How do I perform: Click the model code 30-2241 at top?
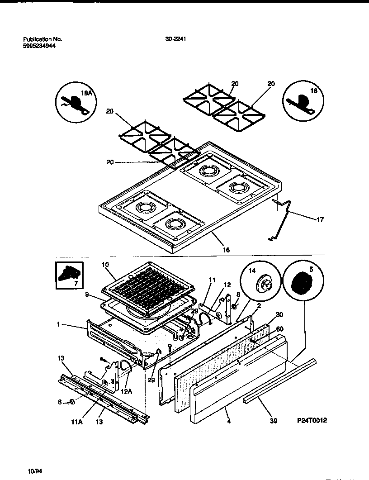[176, 39]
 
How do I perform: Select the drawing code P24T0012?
[311, 420]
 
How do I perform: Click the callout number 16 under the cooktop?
[226, 250]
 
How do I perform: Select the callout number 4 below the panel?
[229, 421]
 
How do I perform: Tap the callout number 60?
[279, 328]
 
